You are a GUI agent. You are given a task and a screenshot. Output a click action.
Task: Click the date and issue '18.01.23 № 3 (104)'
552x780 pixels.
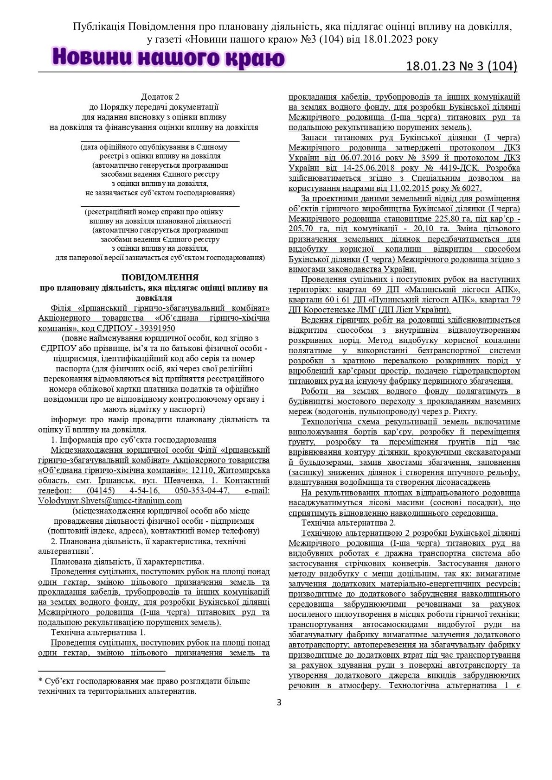(461, 66)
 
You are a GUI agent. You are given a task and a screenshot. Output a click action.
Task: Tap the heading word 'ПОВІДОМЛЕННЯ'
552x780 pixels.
(160, 277)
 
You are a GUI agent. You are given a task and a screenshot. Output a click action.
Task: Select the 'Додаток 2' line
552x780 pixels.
(160, 97)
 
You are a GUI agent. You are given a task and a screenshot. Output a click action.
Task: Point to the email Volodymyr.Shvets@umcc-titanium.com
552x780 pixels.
(110, 501)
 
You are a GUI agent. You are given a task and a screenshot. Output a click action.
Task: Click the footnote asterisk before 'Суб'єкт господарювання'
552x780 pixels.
(40, 681)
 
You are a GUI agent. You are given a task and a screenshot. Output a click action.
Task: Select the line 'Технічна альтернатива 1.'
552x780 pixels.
(98, 632)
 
